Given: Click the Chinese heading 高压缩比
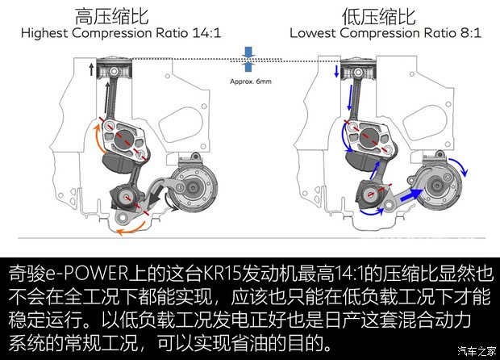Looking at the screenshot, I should (x=123, y=15).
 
